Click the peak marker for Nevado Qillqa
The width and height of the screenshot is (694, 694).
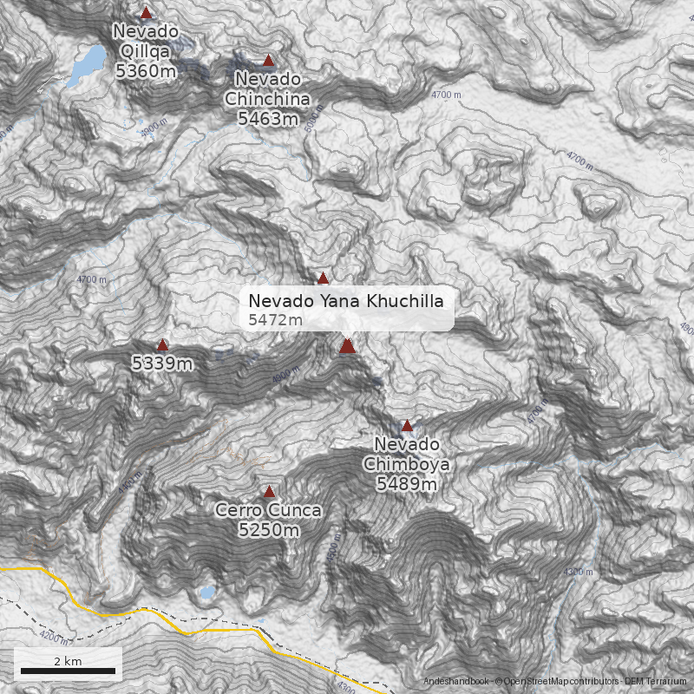[x=146, y=13]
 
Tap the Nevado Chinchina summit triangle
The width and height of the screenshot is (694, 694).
[x=268, y=61]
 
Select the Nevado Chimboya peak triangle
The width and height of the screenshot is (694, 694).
[x=407, y=426]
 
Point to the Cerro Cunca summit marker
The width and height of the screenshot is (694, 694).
[x=270, y=491]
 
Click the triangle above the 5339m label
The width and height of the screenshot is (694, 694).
[x=162, y=345]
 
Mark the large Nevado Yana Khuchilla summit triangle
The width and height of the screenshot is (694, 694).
[x=347, y=346]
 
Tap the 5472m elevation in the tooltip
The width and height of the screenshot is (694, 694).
[x=275, y=321]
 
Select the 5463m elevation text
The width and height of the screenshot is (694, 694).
[x=267, y=119]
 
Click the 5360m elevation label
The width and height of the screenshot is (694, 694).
[x=146, y=71]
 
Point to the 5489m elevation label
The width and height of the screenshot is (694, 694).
[x=406, y=484]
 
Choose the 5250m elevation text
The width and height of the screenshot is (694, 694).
[x=269, y=529]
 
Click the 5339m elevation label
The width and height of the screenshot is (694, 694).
[x=162, y=363]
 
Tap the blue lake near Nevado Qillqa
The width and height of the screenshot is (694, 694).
[x=88, y=62]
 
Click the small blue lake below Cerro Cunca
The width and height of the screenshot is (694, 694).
[x=206, y=593]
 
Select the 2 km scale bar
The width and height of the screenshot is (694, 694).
[x=68, y=671]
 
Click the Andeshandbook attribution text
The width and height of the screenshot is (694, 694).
[x=456, y=681]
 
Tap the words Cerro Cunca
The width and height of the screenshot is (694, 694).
[x=269, y=510]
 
